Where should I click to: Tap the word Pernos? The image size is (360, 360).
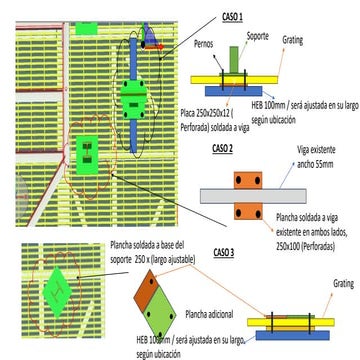coord(207,45)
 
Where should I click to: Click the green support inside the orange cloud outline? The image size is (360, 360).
coord(88,154)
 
